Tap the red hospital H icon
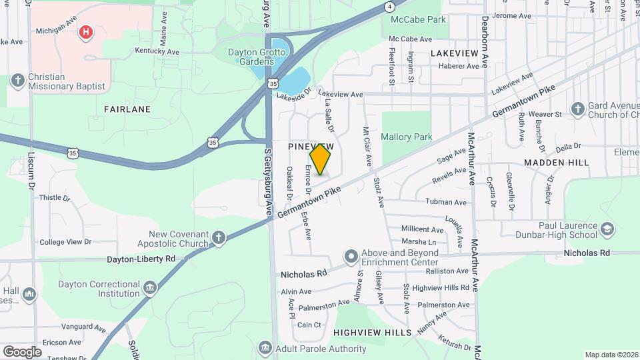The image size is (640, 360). tap(85, 31)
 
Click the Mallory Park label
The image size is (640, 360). tap(407, 137)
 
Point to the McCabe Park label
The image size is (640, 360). tap(418, 20)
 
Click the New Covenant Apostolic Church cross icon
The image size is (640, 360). tap(218, 238)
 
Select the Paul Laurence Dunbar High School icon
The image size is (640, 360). tap(607, 230)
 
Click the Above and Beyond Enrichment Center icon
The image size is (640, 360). tap(351, 257)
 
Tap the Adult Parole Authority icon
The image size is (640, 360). tap(265, 349)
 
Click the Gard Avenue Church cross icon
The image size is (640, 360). tap(578, 109)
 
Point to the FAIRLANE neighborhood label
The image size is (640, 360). tap(127, 109)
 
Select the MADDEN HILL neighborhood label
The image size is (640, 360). tap(556, 163)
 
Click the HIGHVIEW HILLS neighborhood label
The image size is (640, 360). tap(372, 332)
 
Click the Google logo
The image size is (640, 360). tap(22, 351)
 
